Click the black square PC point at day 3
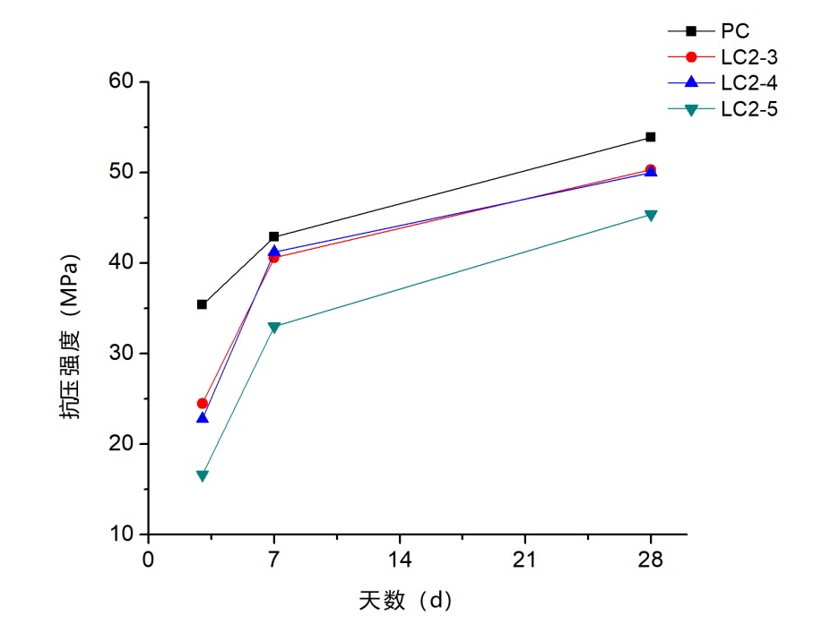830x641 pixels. pos(203,304)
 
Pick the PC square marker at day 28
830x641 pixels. pos(651,137)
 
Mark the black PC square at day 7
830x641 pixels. pos(274,236)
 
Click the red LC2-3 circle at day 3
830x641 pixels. pos(203,404)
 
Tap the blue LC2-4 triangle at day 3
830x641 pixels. pos(203,418)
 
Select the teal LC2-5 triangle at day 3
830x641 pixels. pos(203,475)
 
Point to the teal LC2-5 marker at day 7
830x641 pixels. pos(274,328)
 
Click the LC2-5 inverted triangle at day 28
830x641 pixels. pos(651,216)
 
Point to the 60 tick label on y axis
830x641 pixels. pos(121,81)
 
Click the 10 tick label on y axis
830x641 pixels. pos(121,534)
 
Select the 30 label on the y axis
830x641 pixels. pos(121,354)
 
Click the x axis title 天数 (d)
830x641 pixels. pos(404,601)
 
